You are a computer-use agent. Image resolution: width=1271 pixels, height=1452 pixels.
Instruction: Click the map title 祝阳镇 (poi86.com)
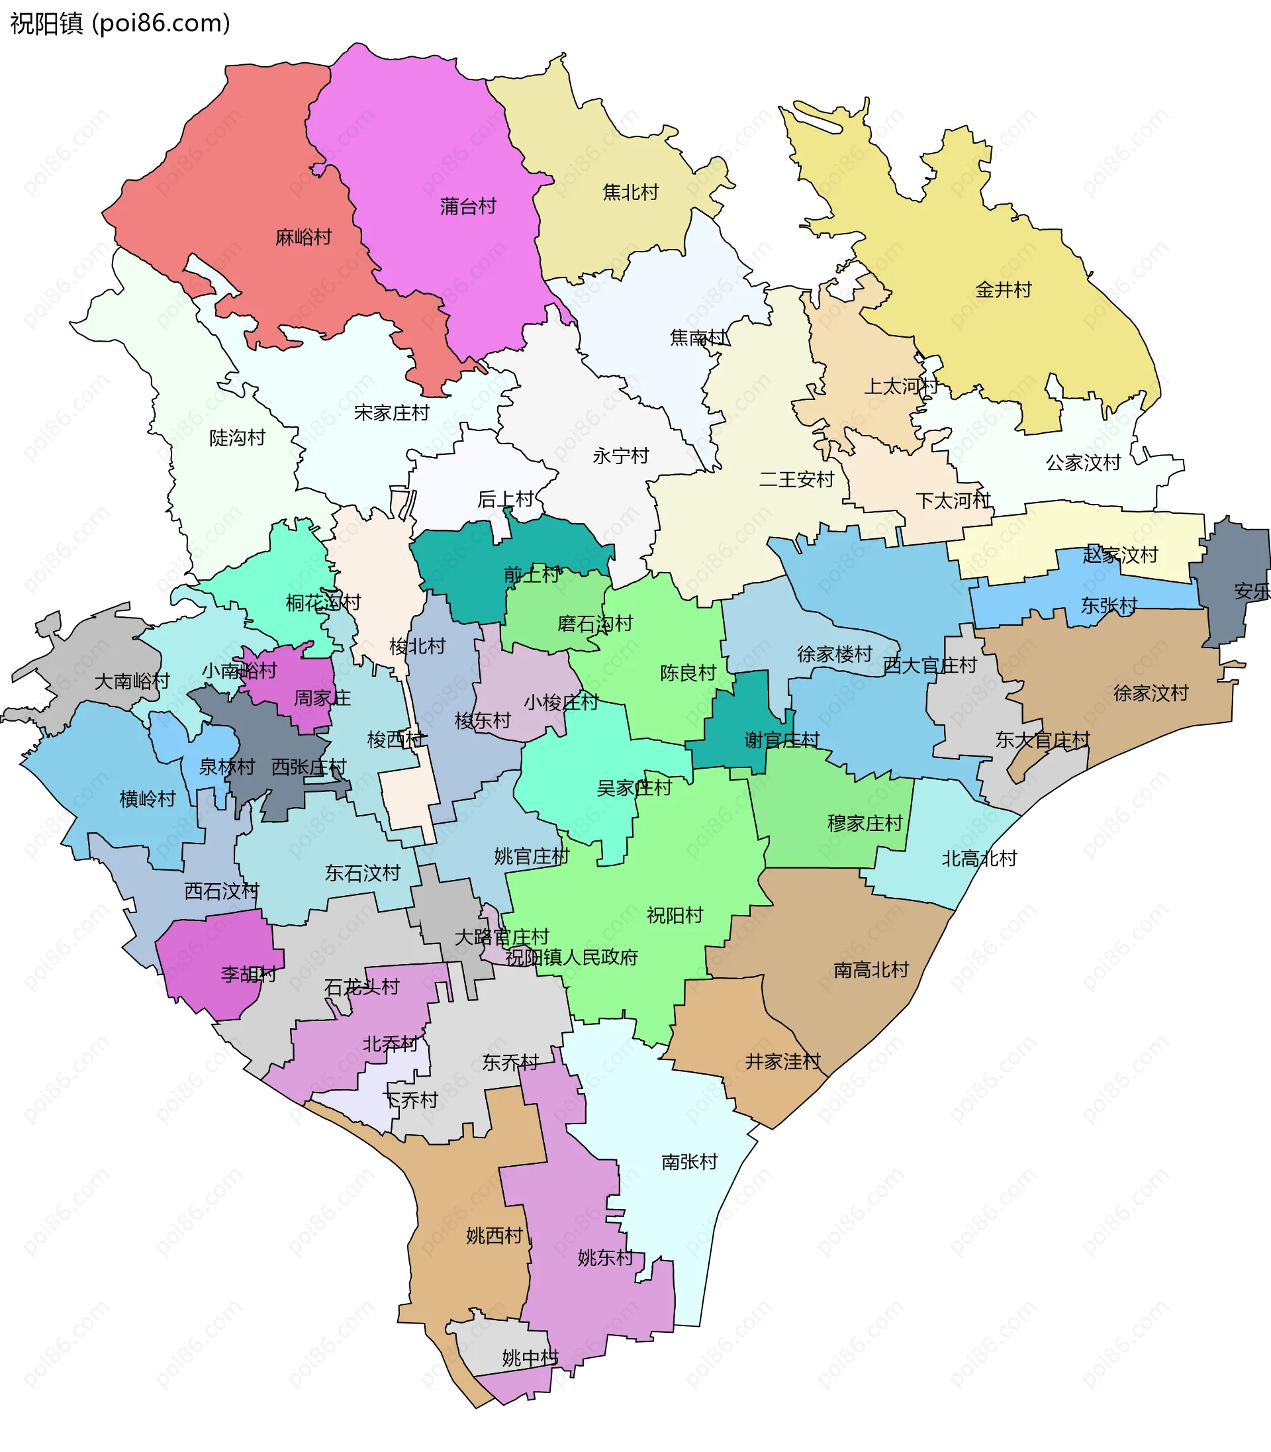pyautogui.click(x=120, y=23)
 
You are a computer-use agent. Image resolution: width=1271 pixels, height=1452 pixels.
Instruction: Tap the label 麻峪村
pyautogui.click(x=304, y=237)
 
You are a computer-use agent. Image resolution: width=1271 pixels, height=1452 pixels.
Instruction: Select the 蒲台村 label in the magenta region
pyautogui.click(x=468, y=207)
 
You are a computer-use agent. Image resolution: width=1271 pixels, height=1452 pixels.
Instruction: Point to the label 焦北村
pyautogui.click(x=630, y=192)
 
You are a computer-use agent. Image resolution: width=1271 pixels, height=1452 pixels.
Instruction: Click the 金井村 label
pyautogui.click(x=1004, y=289)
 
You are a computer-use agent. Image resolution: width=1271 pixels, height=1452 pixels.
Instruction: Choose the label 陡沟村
pyautogui.click(x=238, y=438)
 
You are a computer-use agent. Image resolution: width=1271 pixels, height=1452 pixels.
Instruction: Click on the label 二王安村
pyautogui.click(x=796, y=479)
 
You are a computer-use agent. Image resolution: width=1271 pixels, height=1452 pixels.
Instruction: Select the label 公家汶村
pyautogui.click(x=1083, y=463)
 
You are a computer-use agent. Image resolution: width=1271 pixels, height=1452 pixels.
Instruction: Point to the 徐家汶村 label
pyautogui.click(x=1151, y=693)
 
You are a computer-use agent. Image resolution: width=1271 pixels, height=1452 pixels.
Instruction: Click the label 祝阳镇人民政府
pyautogui.click(x=572, y=957)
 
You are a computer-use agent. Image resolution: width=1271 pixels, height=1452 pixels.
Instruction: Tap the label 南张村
pyautogui.click(x=689, y=1162)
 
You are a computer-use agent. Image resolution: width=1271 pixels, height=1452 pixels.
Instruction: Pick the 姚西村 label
pyautogui.click(x=494, y=1235)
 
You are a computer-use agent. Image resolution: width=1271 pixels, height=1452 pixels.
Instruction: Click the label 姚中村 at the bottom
pyautogui.click(x=530, y=1358)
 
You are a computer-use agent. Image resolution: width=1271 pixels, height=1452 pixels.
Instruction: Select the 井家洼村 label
pyautogui.click(x=783, y=1061)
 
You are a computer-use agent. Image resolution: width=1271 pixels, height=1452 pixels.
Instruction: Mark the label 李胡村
pyautogui.click(x=248, y=974)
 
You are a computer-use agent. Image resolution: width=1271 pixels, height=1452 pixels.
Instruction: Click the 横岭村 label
pyautogui.click(x=148, y=799)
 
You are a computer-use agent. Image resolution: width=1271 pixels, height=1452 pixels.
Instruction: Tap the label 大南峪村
pyautogui.click(x=132, y=681)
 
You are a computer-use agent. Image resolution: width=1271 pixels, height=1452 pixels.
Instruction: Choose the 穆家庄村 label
pyautogui.click(x=865, y=823)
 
